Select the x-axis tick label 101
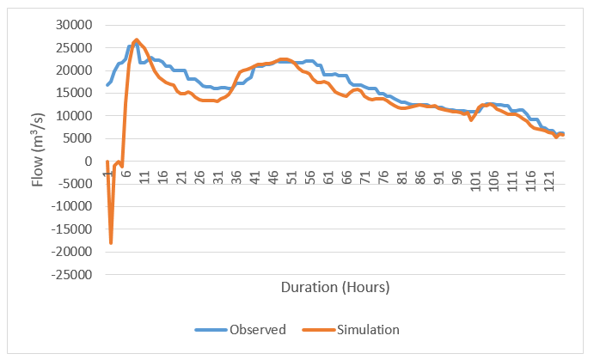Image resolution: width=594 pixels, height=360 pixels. tap(475, 177)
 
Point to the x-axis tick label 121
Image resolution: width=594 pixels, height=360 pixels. tap(549, 177)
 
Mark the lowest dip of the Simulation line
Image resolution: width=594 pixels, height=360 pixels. tap(111, 243)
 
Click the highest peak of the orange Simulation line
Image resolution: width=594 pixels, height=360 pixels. tap(137, 40)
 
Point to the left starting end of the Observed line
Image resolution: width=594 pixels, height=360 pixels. tap(107, 85)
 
